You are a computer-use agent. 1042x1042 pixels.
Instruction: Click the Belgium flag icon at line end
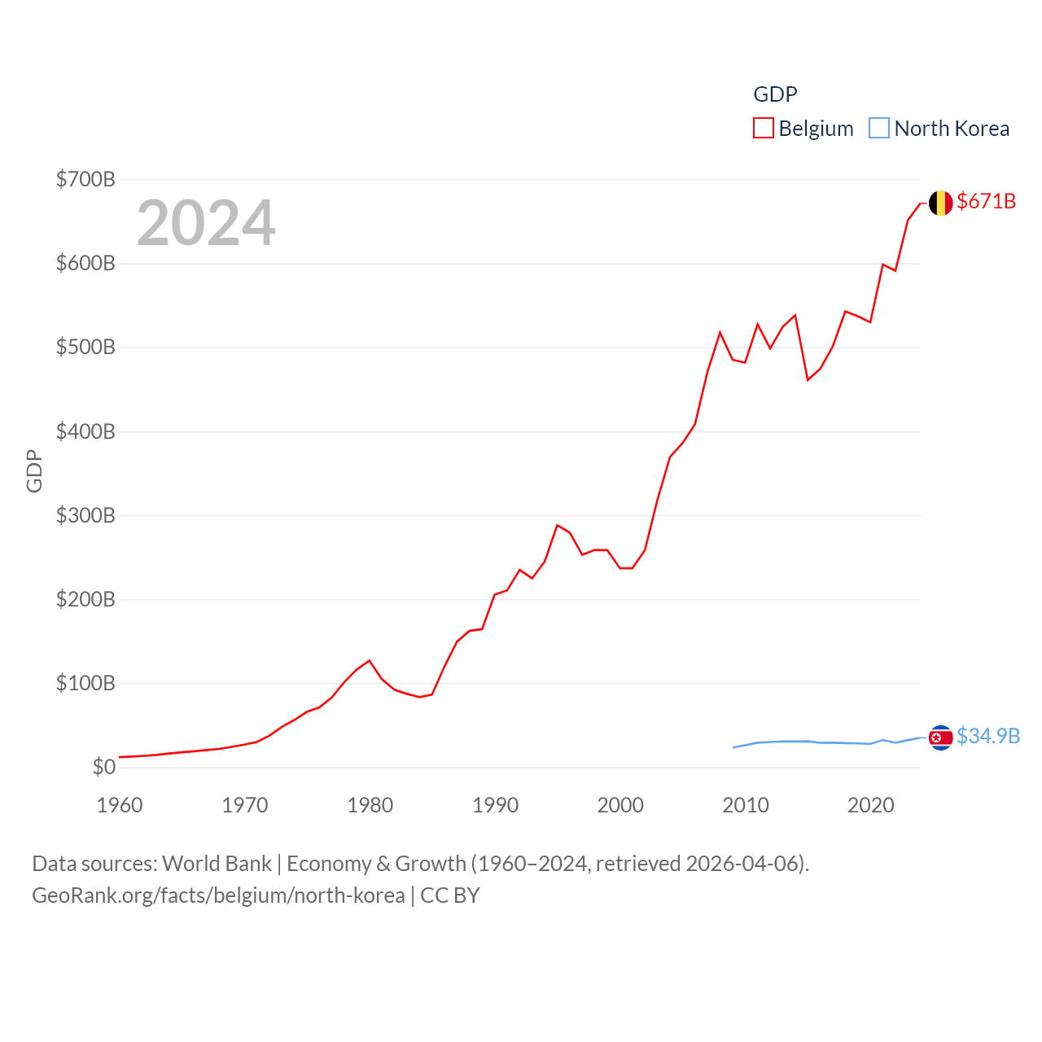click(x=940, y=203)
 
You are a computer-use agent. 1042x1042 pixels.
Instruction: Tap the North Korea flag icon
click(x=940, y=738)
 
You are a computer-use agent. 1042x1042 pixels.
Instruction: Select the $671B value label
click(x=986, y=201)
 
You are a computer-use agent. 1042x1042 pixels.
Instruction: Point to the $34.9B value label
click(x=988, y=736)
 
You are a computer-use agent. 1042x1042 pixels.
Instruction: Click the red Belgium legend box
click(x=764, y=129)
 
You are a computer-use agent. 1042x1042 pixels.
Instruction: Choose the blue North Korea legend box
click(x=879, y=129)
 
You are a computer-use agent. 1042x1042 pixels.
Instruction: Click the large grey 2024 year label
click(x=206, y=223)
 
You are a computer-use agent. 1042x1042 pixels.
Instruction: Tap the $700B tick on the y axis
click(x=85, y=179)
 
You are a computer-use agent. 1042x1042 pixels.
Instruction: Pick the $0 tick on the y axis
click(x=104, y=767)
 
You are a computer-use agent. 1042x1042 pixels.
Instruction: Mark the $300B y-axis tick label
click(x=85, y=515)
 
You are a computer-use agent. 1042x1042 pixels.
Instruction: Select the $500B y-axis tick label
click(x=85, y=348)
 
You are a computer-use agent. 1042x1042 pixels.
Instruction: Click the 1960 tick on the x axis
click(x=120, y=805)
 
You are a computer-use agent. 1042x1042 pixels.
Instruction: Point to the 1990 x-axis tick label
click(x=495, y=805)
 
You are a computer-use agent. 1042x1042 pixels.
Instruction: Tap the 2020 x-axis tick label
click(x=871, y=805)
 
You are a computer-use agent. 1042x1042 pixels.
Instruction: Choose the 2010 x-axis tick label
click(x=746, y=805)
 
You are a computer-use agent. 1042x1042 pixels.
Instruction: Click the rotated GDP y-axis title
click(x=34, y=471)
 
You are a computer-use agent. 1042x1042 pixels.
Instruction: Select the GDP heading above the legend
click(x=775, y=94)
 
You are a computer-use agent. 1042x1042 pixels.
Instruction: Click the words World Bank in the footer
click(x=217, y=864)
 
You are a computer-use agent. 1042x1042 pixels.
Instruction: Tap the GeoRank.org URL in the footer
click(x=218, y=895)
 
